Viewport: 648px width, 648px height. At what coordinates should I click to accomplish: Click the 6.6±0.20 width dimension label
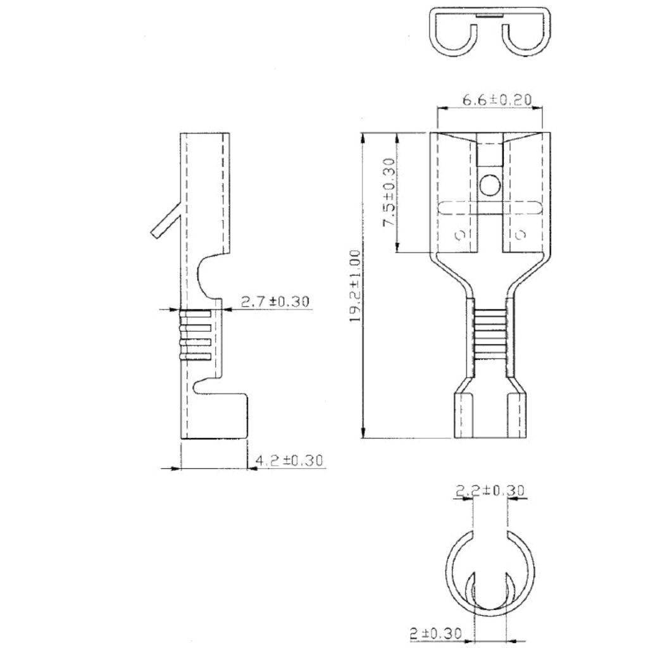coord(497,100)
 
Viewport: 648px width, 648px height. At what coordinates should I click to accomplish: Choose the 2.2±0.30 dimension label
coord(490,490)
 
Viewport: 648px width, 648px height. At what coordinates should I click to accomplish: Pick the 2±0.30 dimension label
coord(435,633)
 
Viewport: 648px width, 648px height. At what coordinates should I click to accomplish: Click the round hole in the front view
coord(489,185)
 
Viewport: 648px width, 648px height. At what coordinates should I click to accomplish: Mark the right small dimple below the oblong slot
coord(520,235)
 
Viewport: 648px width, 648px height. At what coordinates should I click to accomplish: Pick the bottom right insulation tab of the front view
coord(516,414)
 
